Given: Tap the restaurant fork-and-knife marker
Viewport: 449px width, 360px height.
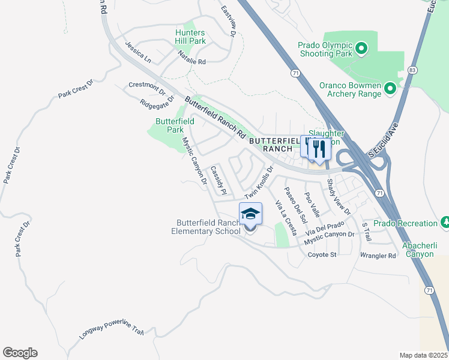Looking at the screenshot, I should [x=319, y=149].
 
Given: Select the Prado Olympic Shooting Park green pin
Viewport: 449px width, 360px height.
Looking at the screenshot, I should [x=361, y=47].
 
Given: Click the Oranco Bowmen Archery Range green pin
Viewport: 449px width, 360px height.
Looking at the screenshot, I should [x=390, y=89].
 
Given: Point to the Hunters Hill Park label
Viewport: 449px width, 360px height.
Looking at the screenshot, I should [x=190, y=37].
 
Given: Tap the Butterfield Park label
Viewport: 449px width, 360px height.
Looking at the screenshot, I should [x=175, y=125].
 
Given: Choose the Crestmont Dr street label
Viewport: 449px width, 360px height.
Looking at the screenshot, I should [x=146, y=88].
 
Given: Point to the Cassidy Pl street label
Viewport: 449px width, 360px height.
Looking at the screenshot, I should [x=218, y=181].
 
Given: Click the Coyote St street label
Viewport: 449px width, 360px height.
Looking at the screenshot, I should [x=322, y=254].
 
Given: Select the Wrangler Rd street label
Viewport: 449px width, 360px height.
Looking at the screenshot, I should [x=378, y=255].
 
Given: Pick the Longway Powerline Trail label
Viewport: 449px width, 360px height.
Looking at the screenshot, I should [x=112, y=330].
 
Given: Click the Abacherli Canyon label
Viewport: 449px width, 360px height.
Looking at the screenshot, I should [x=410, y=250].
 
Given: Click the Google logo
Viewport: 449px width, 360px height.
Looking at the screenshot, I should [x=20, y=353].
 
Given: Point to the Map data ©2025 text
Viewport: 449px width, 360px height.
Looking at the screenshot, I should [x=423, y=355].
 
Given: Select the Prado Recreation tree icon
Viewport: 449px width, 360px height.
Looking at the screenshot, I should [x=444, y=223].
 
